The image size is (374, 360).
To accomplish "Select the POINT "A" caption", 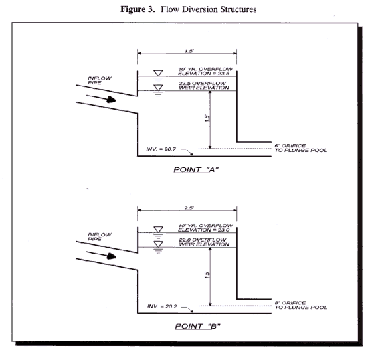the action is click(x=196, y=170).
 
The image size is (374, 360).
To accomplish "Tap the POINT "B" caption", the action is click(x=197, y=326).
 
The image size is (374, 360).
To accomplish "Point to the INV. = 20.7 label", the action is click(x=161, y=149).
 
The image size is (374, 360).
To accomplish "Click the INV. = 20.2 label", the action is click(x=162, y=306).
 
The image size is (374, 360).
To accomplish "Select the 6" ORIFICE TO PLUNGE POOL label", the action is click(x=300, y=148).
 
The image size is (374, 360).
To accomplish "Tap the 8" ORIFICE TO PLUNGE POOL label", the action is click(x=300, y=305).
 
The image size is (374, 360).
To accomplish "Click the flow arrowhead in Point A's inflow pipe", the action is click(x=111, y=100).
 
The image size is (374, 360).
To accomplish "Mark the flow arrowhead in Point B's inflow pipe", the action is click(x=111, y=256).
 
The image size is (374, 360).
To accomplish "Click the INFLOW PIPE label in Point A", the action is click(x=100, y=80).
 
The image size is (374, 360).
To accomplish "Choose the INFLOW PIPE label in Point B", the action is click(x=100, y=237).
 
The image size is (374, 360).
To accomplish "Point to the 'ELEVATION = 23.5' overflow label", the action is click(x=203, y=74).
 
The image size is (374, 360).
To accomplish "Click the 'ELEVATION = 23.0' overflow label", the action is click(x=203, y=230).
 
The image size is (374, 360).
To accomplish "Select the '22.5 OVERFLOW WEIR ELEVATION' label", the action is click(x=204, y=86).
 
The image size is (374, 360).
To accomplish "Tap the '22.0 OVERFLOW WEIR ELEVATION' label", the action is click(x=204, y=242).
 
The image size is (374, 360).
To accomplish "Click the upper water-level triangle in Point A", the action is click(x=158, y=73).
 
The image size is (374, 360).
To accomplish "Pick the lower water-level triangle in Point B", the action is click(x=158, y=244).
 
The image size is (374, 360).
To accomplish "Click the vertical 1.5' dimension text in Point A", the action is click(x=207, y=118).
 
